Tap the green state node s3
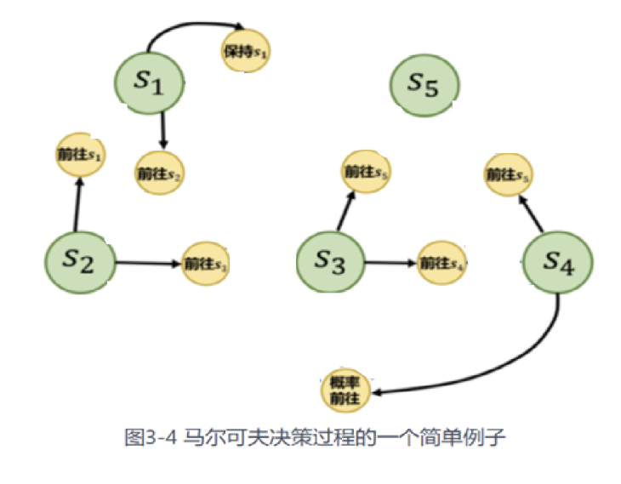(331, 263)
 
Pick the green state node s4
(558, 263)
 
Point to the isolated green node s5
(425, 83)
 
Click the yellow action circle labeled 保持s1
(248, 51)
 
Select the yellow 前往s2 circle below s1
(161, 174)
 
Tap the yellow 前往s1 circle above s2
(78, 156)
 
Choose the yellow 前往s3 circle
(207, 264)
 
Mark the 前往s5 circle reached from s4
(509, 174)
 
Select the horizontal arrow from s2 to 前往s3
(149, 263)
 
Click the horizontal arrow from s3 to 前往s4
(391, 263)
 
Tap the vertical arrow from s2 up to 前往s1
(77, 204)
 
